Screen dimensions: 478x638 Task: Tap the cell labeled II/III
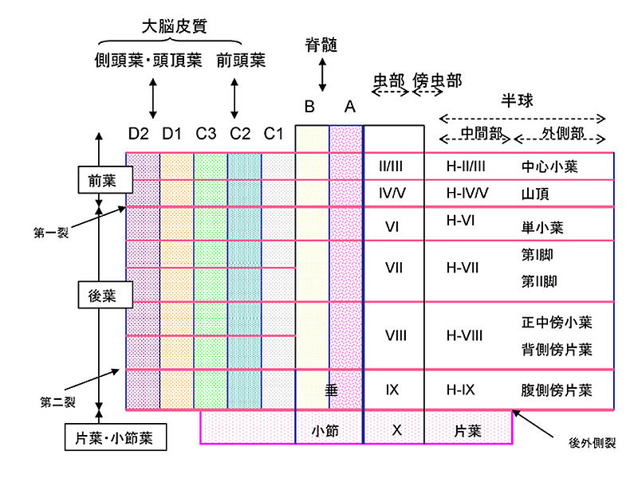pos(393,167)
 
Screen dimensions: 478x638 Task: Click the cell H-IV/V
pos(467,193)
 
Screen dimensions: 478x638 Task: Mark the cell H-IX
pos(461,390)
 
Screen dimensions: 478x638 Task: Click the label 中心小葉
pos(549,167)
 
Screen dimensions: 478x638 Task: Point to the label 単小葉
pos(542,228)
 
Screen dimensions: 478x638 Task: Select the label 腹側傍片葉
pos(556,390)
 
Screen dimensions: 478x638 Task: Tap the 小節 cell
pos(325,431)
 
